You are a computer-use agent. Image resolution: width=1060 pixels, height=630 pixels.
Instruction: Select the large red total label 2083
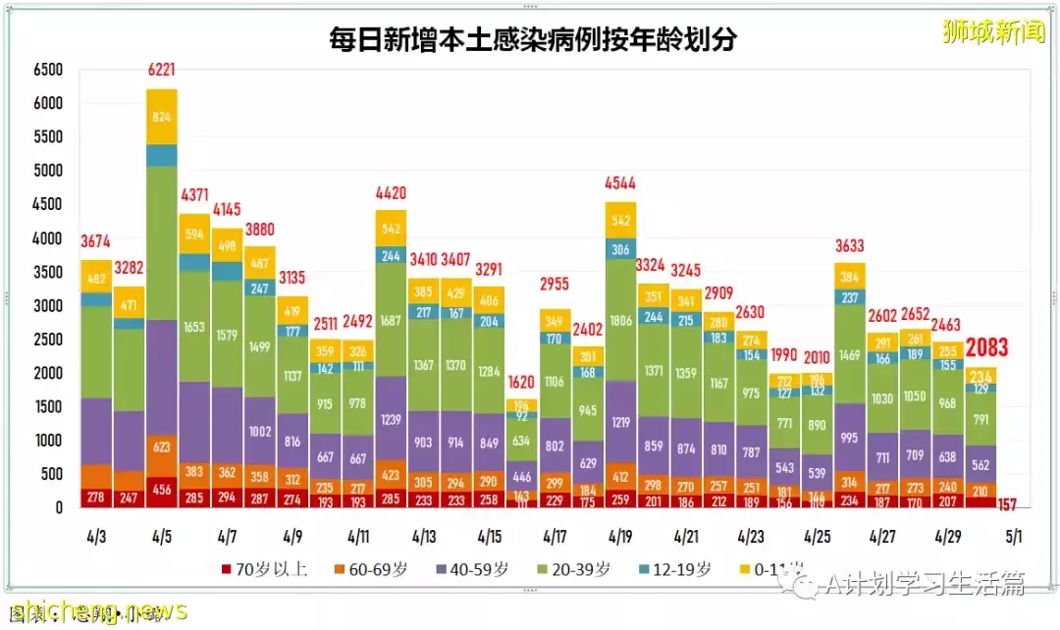click(985, 348)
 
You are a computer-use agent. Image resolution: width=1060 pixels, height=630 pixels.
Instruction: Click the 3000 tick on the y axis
click(47, 305)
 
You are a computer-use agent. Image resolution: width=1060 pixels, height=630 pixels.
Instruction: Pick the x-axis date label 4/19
click(620, 538)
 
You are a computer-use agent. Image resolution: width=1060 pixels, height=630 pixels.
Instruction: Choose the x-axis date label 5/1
click(1014, 538)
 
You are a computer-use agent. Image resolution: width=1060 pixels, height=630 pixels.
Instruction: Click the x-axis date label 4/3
click(96, 538)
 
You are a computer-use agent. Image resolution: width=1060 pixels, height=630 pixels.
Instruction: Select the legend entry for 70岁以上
click(265, 569)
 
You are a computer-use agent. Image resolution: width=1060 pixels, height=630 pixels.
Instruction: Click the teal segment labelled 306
click(620, 249)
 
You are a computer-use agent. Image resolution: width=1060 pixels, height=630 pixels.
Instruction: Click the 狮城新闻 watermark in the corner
click(992, 32)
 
